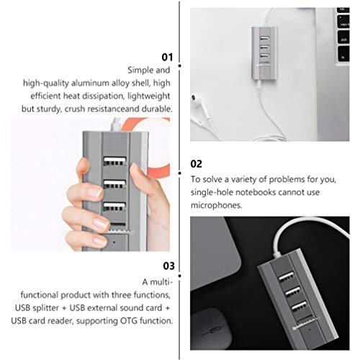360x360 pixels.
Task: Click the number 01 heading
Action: pyautogui.click(x=167, y=55)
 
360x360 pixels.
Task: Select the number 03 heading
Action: pyautogui.click(x=167, y=266)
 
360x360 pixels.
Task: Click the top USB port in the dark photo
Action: pyautogui.click(x=291, y=276)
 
